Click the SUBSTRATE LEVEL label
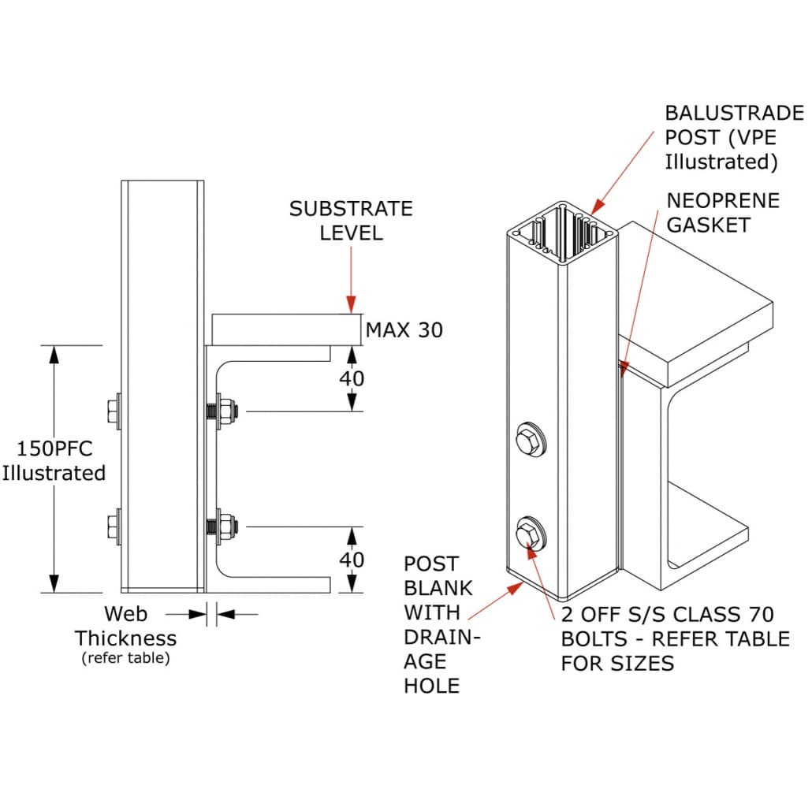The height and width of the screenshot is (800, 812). point(351,221)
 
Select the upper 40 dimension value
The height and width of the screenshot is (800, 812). point(352,378)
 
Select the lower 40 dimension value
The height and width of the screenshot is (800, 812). point(352,560)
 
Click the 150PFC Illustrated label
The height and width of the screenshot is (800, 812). point(54,461)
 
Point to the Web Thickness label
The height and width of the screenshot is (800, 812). point(126,626)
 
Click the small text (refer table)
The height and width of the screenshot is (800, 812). point(125,658)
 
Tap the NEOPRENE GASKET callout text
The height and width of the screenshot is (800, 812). point(723,213)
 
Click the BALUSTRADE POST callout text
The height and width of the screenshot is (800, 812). point(733,137)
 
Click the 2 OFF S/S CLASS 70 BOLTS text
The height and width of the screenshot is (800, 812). point(674,638)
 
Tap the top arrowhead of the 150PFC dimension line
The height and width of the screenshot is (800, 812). point(54,354)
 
